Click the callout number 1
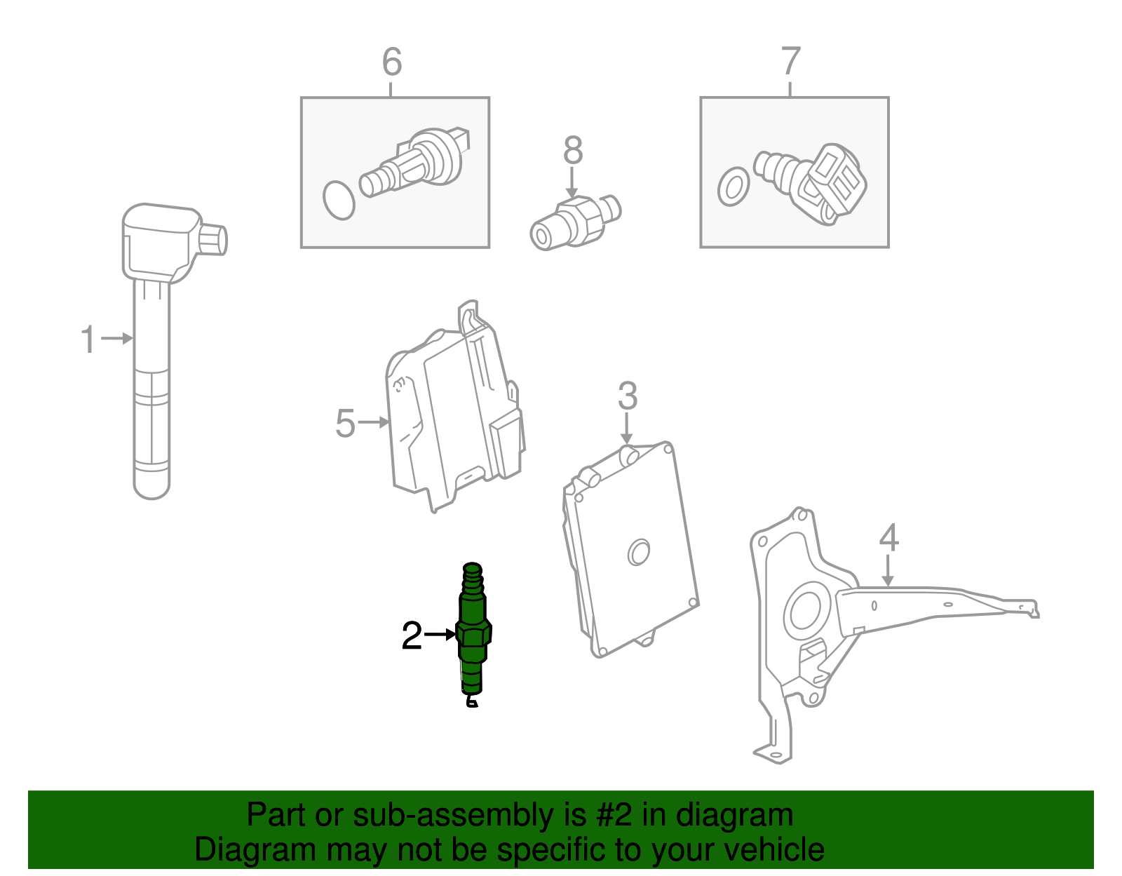(88, 339)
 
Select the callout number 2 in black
(412, 636)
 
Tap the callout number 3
(627, 396)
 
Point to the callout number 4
(888, 538)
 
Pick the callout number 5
(345, 424)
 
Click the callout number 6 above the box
(392, 62)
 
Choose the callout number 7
(790, 62)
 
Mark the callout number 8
(573, 150)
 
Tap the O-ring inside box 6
(339, 201)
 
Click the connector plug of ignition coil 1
(213, 239)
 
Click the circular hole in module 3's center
(638, 552)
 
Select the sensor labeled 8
(574, 221)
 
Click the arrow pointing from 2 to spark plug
(440, 635)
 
